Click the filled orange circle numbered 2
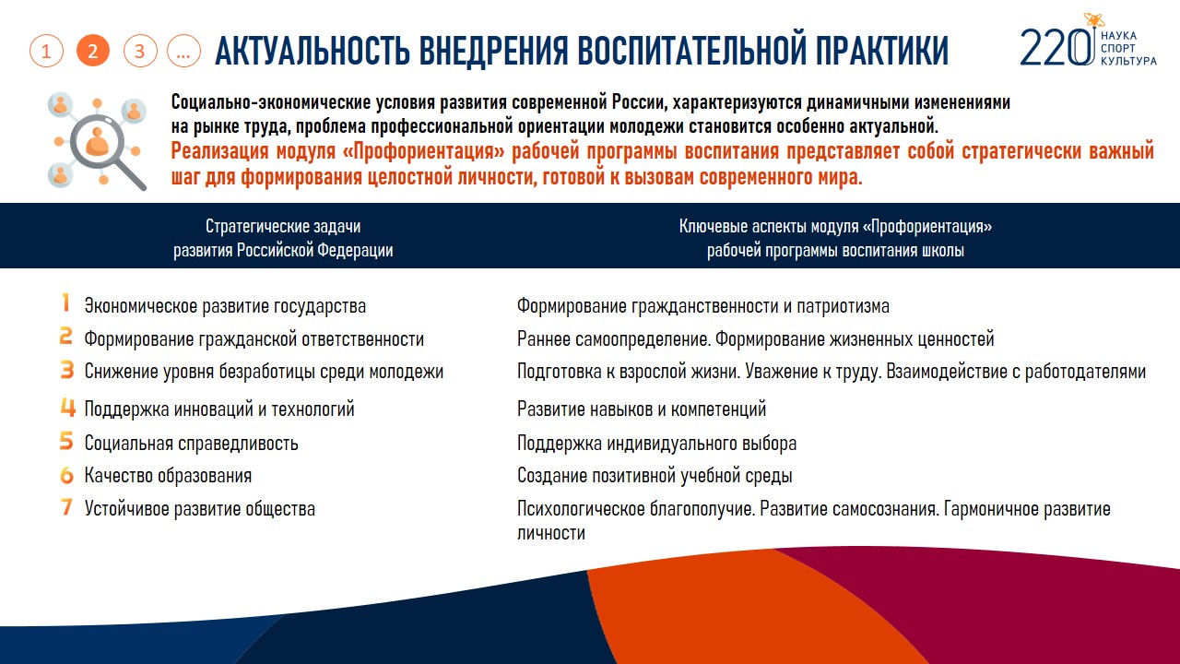click(x=93, y=51)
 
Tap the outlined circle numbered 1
click(x=46, y=51)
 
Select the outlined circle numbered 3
click(x=140, y=51)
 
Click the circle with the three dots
click(x=183, y=51)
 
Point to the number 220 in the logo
click(x=1056, y=47)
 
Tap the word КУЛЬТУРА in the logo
click(x=1128, y=61)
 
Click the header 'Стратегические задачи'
click(x=283, y=226)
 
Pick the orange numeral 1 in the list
click(x=65, y=303)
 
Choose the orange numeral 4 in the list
click(x=68, y=407)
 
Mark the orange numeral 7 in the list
click(x=66, y=506)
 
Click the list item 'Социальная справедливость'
click(x=191, y=444)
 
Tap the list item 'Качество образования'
click(x=168, y=476)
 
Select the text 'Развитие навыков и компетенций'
click(x=642, y=409)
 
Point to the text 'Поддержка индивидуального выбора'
click(x=657, y=444)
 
